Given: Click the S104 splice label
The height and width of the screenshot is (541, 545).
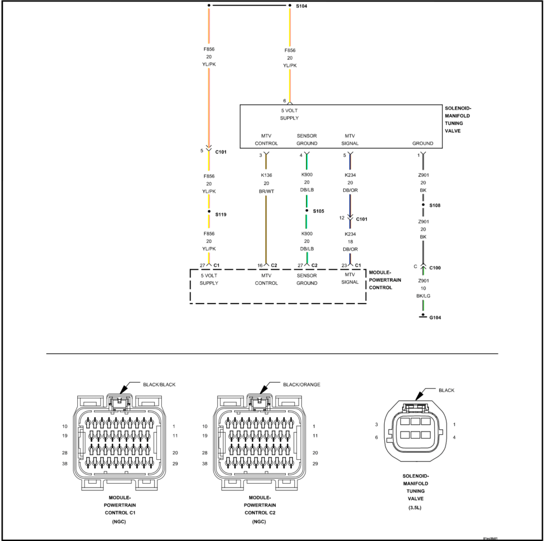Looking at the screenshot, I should [301, 6].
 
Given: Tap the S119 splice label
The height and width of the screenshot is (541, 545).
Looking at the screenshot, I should [221, 215].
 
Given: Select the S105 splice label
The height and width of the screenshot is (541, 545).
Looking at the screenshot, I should [318, 211].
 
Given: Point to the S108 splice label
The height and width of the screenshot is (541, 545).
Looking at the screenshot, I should [435, 205].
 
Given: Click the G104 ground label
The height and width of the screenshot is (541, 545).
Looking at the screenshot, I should [435, 318].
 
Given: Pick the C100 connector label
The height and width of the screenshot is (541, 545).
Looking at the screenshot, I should [435, 268].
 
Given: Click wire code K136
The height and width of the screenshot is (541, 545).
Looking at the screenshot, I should [266, 175].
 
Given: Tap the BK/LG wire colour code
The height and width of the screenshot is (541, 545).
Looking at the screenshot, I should [423, 295].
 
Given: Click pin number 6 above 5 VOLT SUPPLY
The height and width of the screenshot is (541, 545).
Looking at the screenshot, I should [284, 101].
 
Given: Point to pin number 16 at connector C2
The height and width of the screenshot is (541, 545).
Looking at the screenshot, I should [260, 265].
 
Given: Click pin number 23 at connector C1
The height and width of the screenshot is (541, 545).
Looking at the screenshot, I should [344, 265].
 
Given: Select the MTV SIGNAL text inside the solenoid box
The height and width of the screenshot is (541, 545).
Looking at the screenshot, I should [350, 140].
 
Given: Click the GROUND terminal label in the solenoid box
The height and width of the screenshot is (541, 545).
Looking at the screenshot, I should [423, 143].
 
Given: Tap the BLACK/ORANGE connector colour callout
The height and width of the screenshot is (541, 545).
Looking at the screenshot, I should [301, 384].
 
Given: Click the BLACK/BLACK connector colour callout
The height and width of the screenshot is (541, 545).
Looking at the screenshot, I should [159, 384].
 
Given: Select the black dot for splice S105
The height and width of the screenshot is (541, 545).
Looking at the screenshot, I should [307, 211].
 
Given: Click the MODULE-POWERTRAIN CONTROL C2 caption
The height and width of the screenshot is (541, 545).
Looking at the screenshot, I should [260, 505].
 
